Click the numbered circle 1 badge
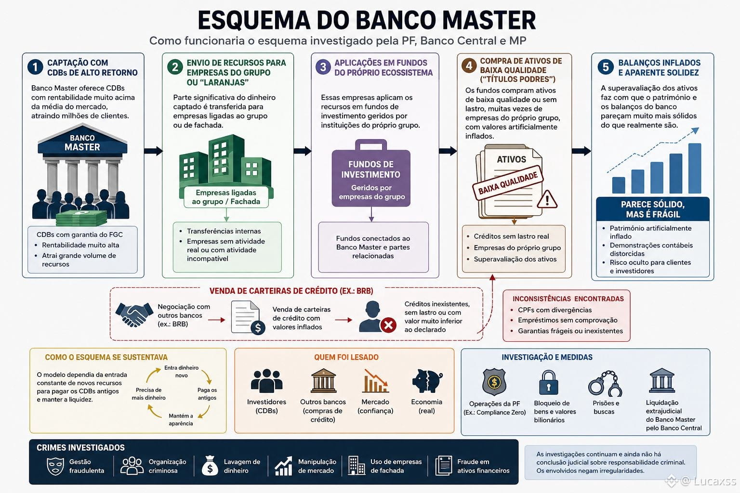pos(35,67)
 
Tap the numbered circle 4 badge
pos(469,65)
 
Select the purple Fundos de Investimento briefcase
pos(371,173)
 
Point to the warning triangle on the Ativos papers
pos(547,199)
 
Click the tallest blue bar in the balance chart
pos(695,169)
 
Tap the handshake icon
pos(134,315)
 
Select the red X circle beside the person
pos(388,325)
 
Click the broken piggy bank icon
pos(427,381)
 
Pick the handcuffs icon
pos(605,383)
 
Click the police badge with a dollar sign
pos(494,382)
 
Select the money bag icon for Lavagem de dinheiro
pos(210,466)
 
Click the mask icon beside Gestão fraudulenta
pos(55,466)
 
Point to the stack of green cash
pos(81,218)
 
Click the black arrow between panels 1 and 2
pos(154,151)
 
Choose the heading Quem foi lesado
pos(346,357)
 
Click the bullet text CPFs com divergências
pos(555,310)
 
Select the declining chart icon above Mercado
pos(376,380)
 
